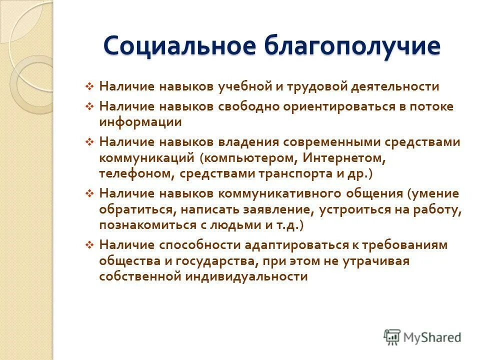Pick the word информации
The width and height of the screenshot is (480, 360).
coord(140,121)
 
